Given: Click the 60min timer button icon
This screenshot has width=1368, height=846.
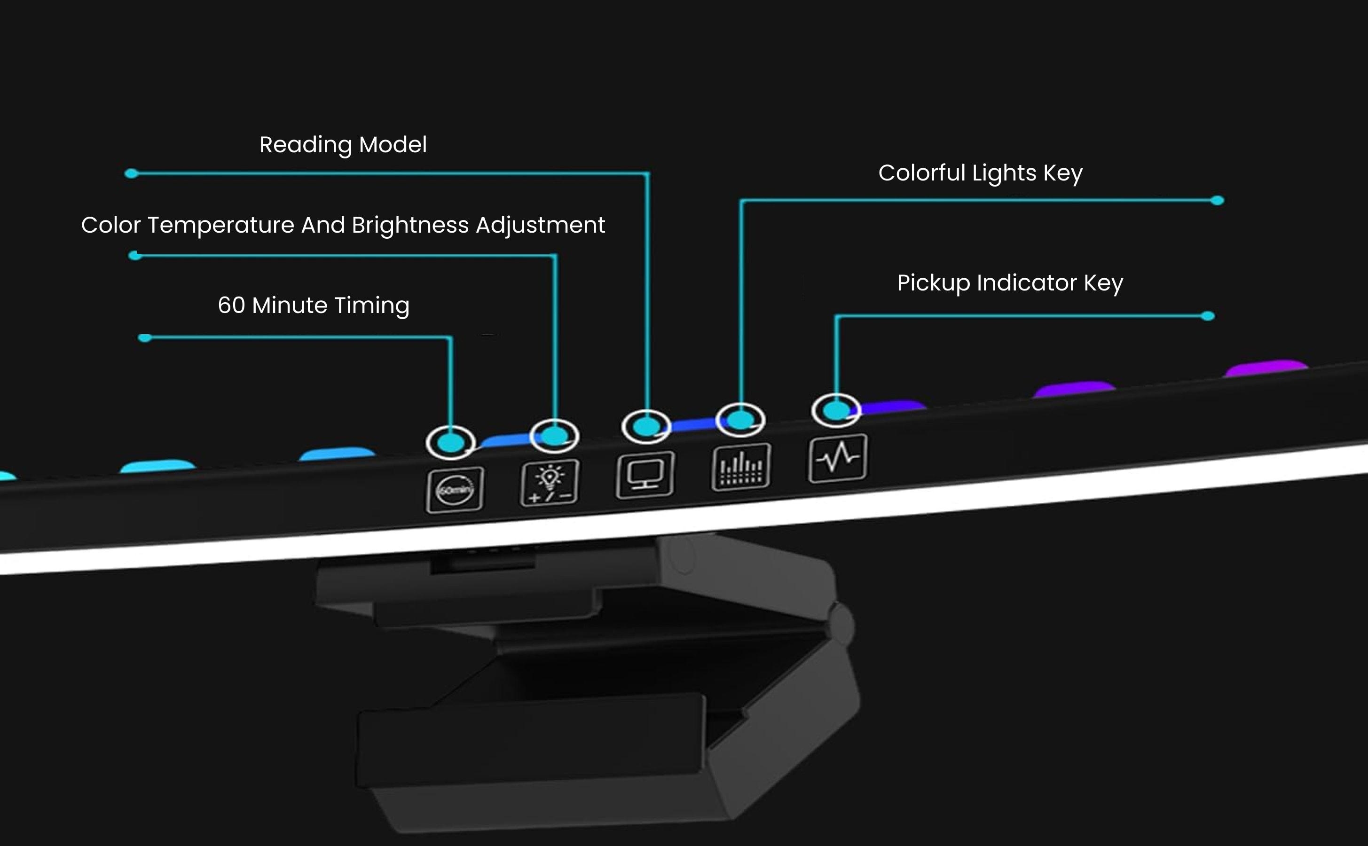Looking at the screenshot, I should click(x=454, y=490).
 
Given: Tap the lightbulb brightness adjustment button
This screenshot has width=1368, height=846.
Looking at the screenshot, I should click(x=550, y=482).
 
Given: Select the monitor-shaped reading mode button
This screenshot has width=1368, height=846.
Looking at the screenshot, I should click(x=645, y=475).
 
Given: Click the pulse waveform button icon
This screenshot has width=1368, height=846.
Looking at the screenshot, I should click(x=838, y=458).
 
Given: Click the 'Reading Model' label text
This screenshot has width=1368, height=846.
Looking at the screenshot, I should click(x=343, y=145).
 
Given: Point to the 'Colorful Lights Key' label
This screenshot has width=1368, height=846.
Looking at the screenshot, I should click(x=980, y=173).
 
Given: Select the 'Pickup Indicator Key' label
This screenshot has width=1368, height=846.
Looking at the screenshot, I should click(x=1010, y=282).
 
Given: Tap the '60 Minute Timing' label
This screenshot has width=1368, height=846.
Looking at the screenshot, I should click(x=314, y=305).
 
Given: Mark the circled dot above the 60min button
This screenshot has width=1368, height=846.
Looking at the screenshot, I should click(x=450, y=443).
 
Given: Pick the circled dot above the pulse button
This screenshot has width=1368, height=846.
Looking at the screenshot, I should click(x=836, y=411).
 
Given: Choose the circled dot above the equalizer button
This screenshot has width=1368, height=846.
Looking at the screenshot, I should click(x=740, y=419).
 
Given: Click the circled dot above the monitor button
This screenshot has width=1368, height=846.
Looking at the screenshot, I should click(x=646, y=427).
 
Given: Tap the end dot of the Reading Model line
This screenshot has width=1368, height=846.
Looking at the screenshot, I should click(x=132, y=173).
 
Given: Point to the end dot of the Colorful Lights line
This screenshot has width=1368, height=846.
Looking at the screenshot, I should click(x=1217, y=200).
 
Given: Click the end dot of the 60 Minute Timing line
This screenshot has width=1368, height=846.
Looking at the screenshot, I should click(x=145, y=337).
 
